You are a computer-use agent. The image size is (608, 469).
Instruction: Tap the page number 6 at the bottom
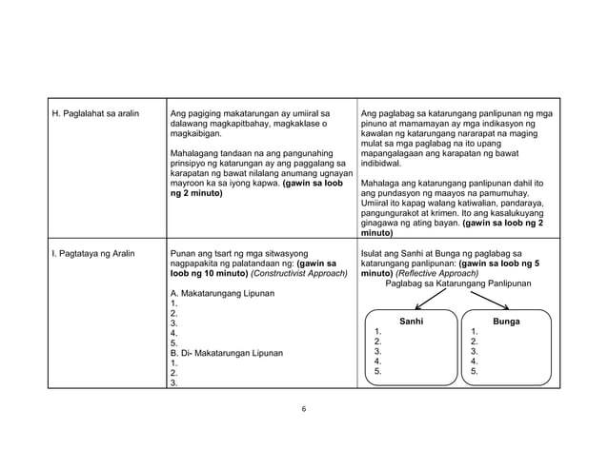click(303, 409)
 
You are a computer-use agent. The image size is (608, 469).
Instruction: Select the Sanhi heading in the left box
click(411, 322)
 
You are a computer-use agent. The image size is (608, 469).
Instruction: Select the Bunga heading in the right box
click(506, 322)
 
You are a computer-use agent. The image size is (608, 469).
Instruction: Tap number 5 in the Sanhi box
click(378, 373)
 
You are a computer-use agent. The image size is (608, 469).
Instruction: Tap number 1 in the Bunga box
click(474, 332)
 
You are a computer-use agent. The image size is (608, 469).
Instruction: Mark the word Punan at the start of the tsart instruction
click(182, 255)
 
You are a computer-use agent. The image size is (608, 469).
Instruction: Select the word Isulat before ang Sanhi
click(375, 255)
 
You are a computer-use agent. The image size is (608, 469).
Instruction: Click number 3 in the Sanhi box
click(378, 352)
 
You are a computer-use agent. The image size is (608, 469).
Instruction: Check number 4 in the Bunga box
click(474, 362)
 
